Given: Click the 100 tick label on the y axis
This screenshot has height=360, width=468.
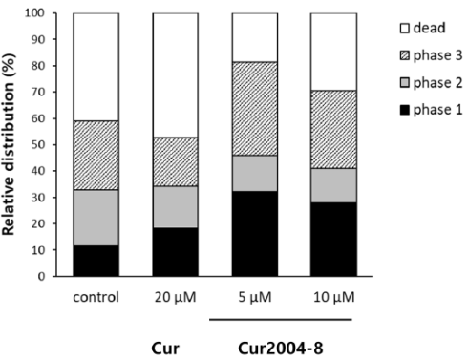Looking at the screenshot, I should click(35, 13).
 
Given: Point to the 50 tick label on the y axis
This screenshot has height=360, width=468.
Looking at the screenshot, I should click(38, 145).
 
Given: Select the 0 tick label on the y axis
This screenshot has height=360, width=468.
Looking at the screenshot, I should click(42, 277).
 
